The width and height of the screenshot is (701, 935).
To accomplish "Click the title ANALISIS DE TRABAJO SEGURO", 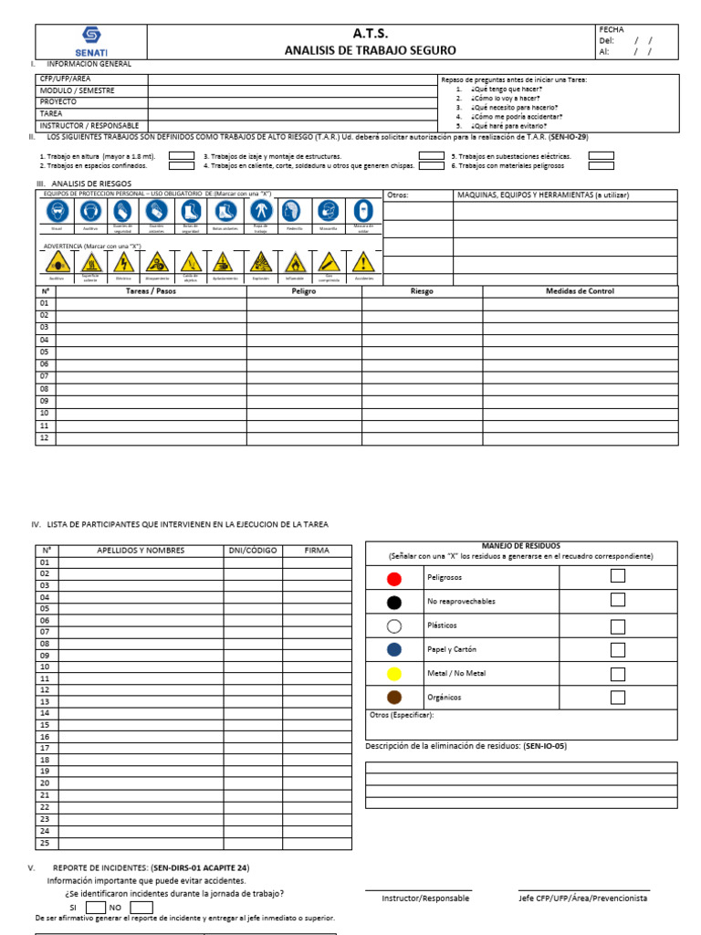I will pyautogui.click(x=370, y=51).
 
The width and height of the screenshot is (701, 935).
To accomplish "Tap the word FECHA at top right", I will pyautogui.click(x=612, y=30).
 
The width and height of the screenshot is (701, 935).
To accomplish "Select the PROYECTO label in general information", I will pyautogui.click(x=58, y=102).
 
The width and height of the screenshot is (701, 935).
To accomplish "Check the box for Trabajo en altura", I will pyautogui.click(x=182, y=156).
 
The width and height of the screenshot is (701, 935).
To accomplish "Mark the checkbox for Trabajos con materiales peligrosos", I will pyautogui.click(x=601, y=166).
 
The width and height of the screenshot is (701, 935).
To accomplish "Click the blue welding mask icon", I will pyautogui.click(x=363, y=212).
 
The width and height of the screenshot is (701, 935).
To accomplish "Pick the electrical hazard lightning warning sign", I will pyautogui.click(x=122, y=262).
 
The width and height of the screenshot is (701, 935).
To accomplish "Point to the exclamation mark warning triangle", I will pyautogui.click(x=363, y=262).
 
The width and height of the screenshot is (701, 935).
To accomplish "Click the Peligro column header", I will pyautogui.click(x=304, y=291).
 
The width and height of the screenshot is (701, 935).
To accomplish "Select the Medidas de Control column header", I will pyautogui.click(x=580, y=291).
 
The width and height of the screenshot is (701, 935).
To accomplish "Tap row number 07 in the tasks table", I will pyautogui.click(x=43, y=376).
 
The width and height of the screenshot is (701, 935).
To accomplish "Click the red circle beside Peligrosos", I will pyautogui.click(x=393, y=579).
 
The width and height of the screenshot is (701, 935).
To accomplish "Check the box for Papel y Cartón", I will pyautogui.click(x=618, y=648).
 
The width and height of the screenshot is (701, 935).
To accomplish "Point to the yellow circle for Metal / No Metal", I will pyautogui.click(x=393, y=674).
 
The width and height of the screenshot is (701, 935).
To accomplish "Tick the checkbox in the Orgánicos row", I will pyautogui.click(x=618, y=698).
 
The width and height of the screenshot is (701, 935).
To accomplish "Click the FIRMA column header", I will pyautogui.click(x=316, y=551).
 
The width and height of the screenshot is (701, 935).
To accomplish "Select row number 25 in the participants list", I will pyautogui.click(x=44, y=842).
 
